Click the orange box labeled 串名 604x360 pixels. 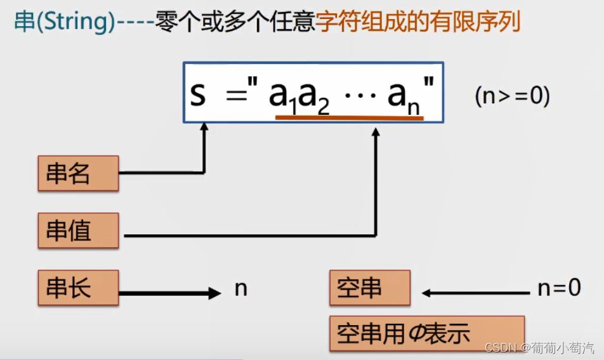[78, 173]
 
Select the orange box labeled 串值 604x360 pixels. [78, 230]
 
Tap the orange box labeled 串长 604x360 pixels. [78, 288]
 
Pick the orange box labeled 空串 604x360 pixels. [369, 288]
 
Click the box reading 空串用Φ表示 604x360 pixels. [426, 333]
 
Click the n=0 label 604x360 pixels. [559, 288]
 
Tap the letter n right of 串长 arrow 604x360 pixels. [240, 288]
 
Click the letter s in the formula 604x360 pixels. [198, 95]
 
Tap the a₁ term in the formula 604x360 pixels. [283, 97]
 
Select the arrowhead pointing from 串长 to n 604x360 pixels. [214, 293]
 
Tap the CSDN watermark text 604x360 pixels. [539, 348]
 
